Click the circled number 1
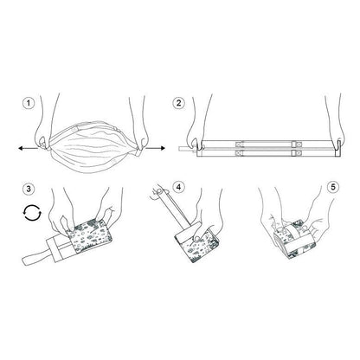pyautogui.click(x=29, y=103)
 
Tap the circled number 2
pyautogui.click(x=178, y=103)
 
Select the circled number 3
pyautogui.click(x=29, y=189)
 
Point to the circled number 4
pyautogui.click(x=178, y=187)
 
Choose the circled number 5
pyautogui.click(x=333, y=187)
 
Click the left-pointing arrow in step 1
pyautogui.click(x=28, y=148)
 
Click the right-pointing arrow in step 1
pyautogui.click(x=155, y=148)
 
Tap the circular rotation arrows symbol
pyautogui.click(x=32, y=213)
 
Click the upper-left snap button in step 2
pyautogui.click(x=240, y=144)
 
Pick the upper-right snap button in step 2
pyautogui.click(x=297, y=144)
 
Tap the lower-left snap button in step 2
pyautogui.click(x=240, y=153)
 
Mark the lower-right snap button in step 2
pyautogui.click(x=297, y=153)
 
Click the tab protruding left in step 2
pyautogui.click(x=187, y=149)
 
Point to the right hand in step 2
pyautogui.click(x=334, y=124)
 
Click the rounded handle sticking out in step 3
pyautogui.click(x=35, y=257)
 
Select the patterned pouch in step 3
pyautogui.click(x=90, y=235)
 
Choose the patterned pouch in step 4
pyautogui.click(x=196, y=244)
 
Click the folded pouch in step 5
pyautogui.click(x=294, y=239)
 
